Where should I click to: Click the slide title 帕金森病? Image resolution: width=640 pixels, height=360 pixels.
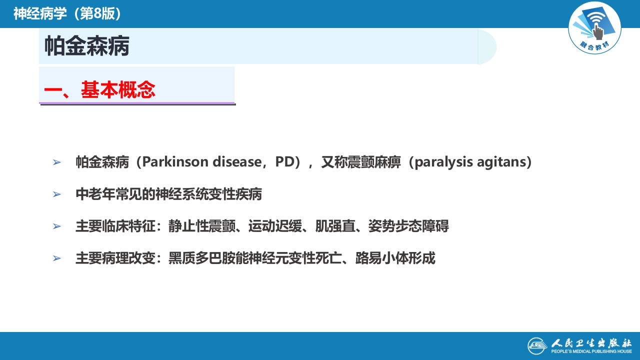[x=87, y=46]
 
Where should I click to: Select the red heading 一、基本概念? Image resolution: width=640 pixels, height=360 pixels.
[x=99, y=90]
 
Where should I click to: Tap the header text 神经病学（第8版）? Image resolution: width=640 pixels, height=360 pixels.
[x=67, y=13]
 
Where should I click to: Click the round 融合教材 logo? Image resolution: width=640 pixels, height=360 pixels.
[x=594, y=27]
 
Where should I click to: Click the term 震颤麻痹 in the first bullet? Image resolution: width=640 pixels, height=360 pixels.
[x=375, y=162]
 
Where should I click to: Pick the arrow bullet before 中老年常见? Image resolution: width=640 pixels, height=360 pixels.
[x=56, y=194]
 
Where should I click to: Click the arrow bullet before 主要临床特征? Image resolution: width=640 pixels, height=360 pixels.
[x=56, y=226]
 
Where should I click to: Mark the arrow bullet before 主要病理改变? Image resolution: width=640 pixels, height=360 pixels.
[x=56, y=258]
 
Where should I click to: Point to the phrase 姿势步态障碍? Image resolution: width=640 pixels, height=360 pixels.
[x=408, y=226]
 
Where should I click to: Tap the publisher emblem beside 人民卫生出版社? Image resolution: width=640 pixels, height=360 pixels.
[x=537, y=345]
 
